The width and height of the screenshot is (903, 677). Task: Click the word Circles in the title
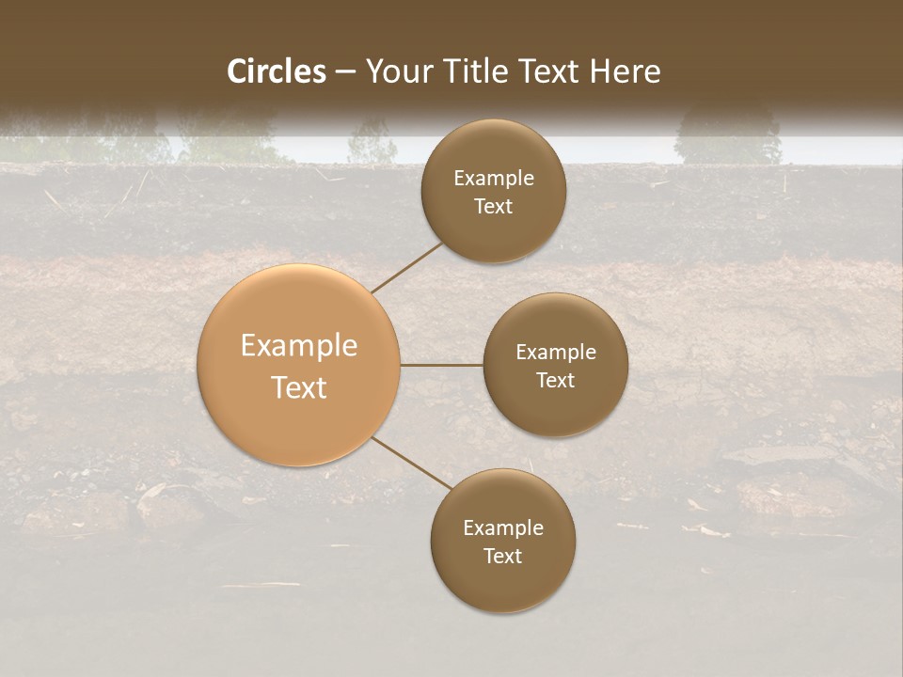point(277,71)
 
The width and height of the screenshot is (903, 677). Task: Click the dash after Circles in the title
point(345,72)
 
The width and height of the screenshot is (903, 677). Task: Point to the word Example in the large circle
point(299,346)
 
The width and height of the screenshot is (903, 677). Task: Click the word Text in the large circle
point(299,387)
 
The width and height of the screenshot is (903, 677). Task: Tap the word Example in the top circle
point(494,179)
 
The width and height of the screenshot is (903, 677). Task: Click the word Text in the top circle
point(494,207)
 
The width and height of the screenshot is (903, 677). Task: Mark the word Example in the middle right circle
point(556,353)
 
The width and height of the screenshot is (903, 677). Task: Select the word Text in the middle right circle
point(556,381)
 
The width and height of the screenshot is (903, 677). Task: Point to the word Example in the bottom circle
point(503,528)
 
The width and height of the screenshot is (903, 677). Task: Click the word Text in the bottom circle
point(503,557)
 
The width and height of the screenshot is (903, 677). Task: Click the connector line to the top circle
point(407,267)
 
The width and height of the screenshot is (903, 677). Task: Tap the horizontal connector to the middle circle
point(442,365)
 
